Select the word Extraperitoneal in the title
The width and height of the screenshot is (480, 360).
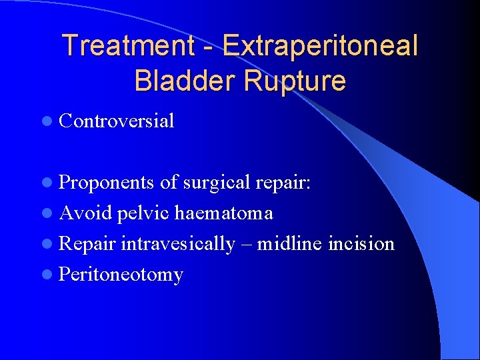[x=321, y=46]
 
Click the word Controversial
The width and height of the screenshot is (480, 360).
[x=117, y=121]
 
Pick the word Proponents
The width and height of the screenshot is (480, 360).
[x=107, y=182]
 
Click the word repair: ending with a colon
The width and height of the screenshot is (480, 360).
[x=285, y=182]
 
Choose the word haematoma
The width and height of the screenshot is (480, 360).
[x=223, y=213]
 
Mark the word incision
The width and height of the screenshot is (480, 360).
[x=361, y=243]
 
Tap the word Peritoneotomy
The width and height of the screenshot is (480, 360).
[x=121, y=274]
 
